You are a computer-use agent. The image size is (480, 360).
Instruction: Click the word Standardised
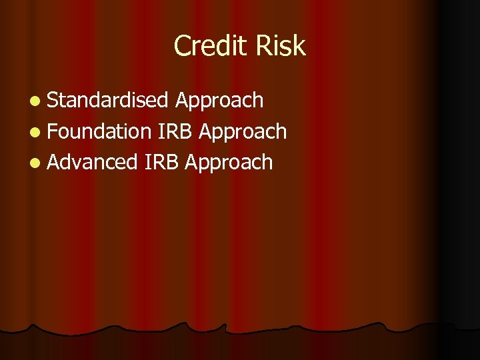(108, 101)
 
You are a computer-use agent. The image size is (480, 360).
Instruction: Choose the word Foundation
(100, 131)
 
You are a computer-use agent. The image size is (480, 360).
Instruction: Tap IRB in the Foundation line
(176, 131)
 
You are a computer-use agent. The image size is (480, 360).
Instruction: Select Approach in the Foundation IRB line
(243, 132)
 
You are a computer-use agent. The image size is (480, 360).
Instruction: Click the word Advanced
(92, 162)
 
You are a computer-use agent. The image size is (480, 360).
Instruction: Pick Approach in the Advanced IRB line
(229, 163)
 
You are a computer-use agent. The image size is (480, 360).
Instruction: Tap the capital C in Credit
(181, 46)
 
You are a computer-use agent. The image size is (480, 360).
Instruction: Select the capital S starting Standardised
(53, 101)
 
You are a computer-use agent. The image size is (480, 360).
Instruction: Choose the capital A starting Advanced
(54, 162)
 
